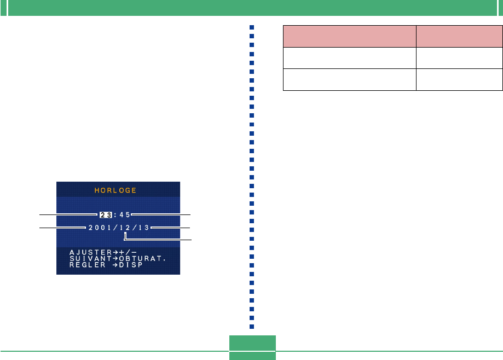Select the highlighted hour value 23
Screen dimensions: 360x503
click(105, 215)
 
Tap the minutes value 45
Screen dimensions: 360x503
click(123, 215)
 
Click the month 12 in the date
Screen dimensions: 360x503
click(124, 227)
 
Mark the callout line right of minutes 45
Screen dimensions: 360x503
click(160, 215)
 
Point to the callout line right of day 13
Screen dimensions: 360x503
click(170, 227)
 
